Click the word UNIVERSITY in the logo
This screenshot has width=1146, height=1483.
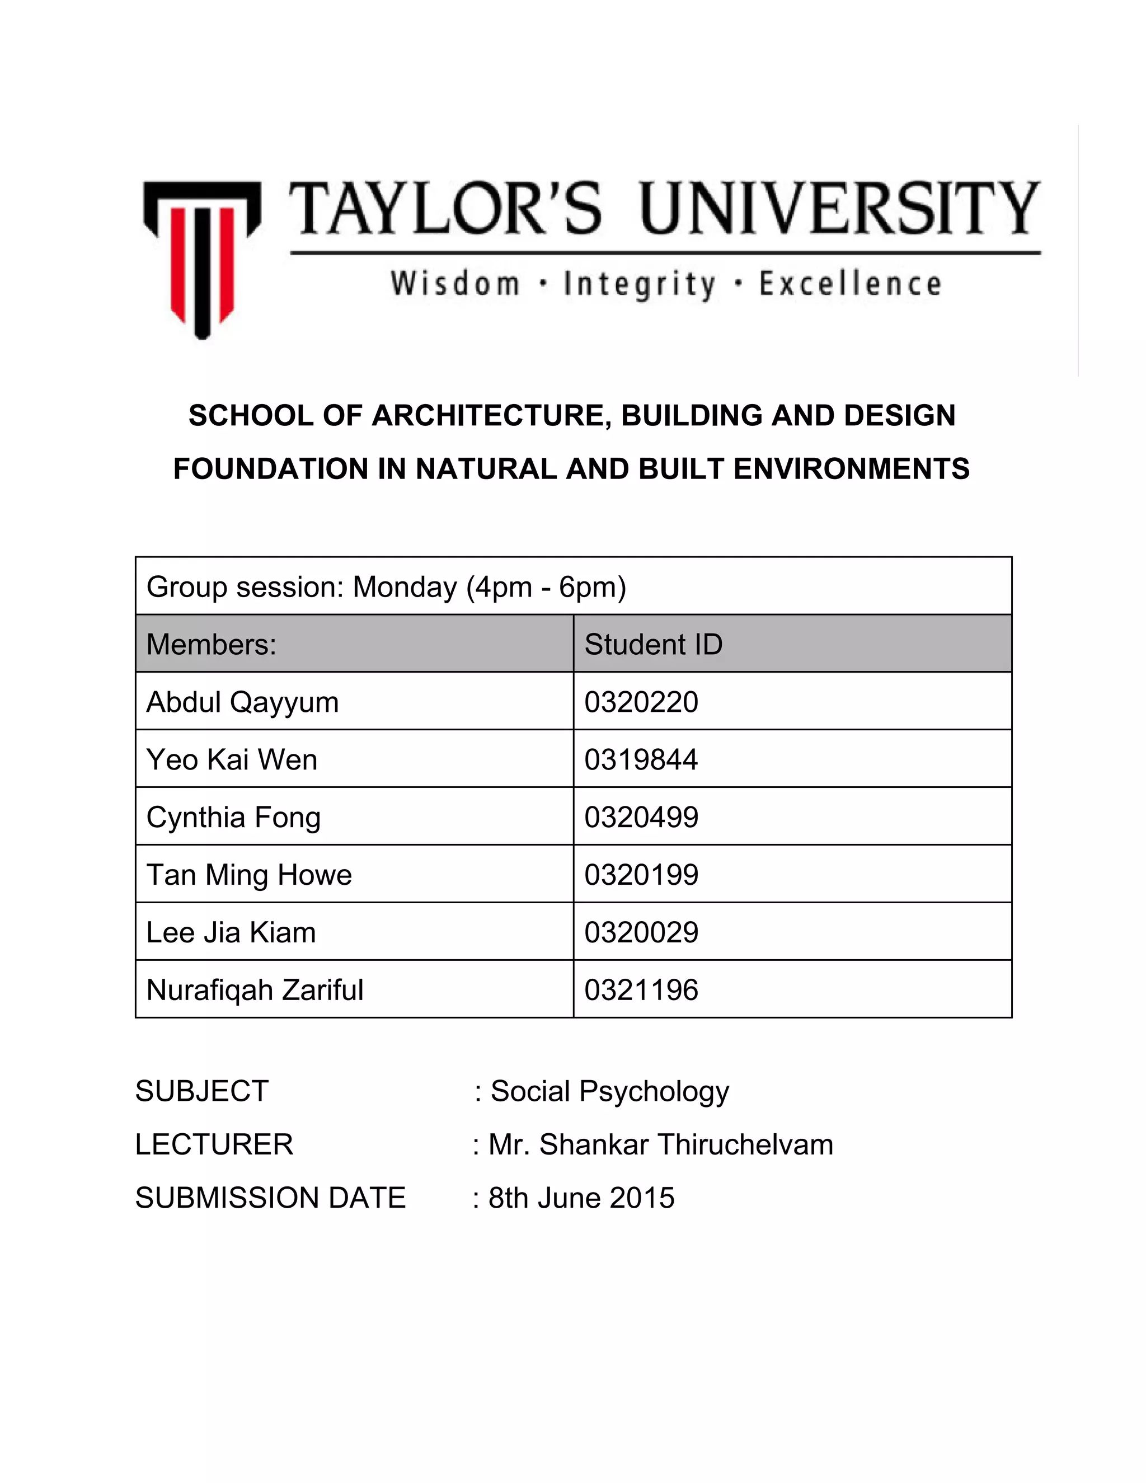click(839, 208)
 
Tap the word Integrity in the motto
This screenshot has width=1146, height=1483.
click(639, 284)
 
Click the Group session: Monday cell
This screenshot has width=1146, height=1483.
click(386, 586)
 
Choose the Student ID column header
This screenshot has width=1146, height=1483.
click(653, 644)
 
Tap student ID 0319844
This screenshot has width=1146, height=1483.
click(641, 760)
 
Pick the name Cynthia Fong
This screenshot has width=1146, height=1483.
click(233, 818)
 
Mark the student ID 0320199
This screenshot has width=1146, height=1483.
click(641, 875)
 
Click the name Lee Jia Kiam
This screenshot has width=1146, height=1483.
click(231, 933)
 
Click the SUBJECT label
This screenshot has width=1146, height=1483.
click(201, 1091)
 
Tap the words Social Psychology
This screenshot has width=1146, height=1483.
click(610, 1091)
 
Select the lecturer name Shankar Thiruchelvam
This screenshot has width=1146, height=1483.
click(685, 1145)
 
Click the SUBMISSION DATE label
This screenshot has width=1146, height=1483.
click(270, 1198)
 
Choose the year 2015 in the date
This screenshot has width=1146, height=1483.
click(642, 1198)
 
